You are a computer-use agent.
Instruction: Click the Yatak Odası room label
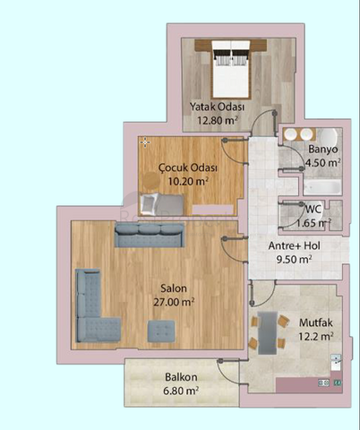pos(218,107)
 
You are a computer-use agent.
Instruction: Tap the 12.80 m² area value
pos(218,120)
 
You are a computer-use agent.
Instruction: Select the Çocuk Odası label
pos(188,168)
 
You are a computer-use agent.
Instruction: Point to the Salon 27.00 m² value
pos(174,302)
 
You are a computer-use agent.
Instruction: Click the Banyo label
pos(323,149)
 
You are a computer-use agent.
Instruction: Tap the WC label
pos(313,209)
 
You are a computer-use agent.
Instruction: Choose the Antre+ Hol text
pos(294,245)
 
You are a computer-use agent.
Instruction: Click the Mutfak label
pos(316,322)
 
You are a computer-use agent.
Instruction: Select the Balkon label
pos(181,377)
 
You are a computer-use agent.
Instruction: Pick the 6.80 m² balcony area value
pos(181,391)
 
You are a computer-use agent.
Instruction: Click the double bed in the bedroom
pos(230,69)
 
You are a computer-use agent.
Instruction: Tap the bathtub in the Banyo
pos(322,187)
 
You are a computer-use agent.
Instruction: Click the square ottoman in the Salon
pos(161,331)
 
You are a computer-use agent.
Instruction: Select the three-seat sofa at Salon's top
pos(150,235)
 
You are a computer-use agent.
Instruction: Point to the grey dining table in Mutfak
pos(268,333)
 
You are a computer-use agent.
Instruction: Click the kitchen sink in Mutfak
pos(336,362)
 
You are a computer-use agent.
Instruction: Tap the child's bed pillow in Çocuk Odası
pos(150,203)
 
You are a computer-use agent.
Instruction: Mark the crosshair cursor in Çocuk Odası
pos(145,142)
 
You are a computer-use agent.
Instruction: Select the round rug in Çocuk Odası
pos(150,181)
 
